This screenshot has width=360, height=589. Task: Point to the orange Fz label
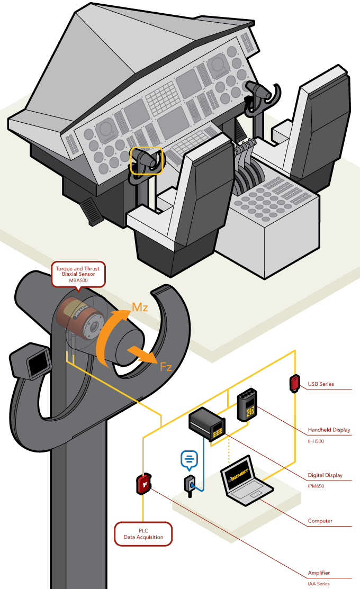[x=166, y=366]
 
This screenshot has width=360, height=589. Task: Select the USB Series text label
[x=321, y=384]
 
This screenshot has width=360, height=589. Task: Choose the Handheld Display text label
[x=329, y=430]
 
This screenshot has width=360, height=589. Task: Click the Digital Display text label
[x=325, y=475]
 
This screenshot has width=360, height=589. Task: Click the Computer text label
[x=320, y=521]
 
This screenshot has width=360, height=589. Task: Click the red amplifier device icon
[x=144, y=484]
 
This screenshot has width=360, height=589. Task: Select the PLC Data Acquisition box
[x=144, y=533]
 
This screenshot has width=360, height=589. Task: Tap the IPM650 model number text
[x=316, y=485]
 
